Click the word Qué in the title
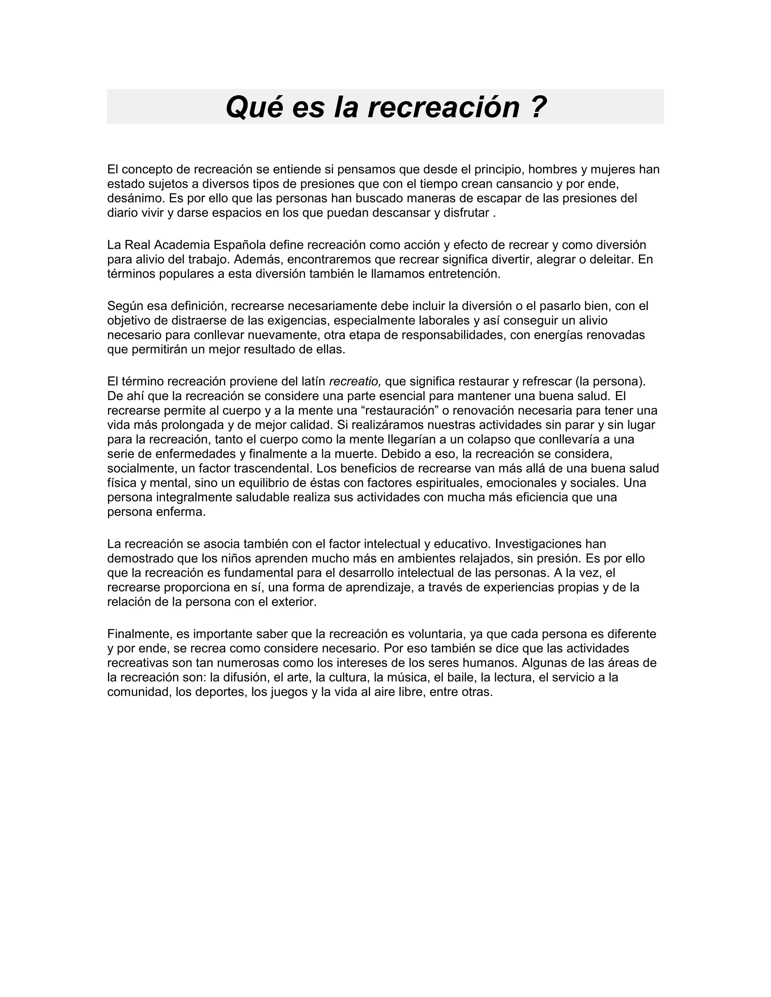[253, 107]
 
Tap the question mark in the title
[539, 107]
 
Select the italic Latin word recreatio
[354, 381]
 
